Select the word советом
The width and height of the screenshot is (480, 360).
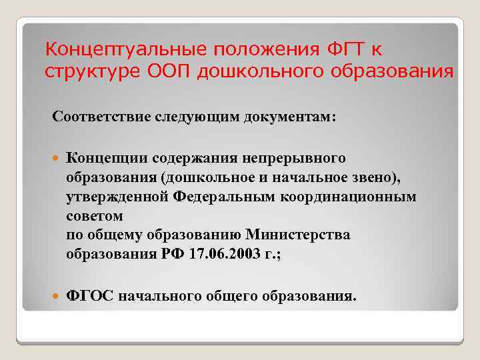click(95, 216)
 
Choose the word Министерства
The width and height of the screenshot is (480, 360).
click(298, 235)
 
